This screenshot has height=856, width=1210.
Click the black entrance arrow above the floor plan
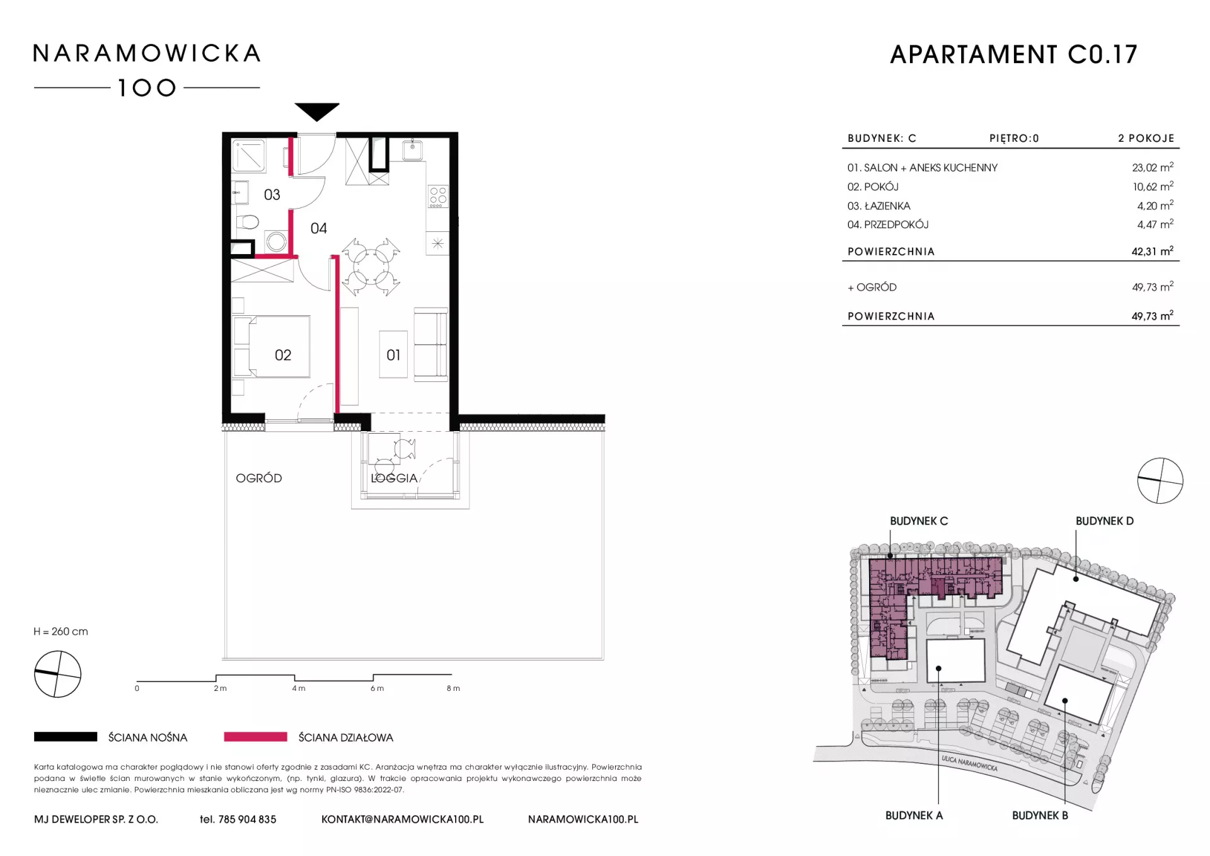(x=317, y=112)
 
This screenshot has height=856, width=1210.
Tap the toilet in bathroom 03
(x=248, y=223)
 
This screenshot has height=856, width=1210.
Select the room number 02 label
(x=283, y=356)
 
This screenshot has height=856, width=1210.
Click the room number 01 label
(x=393, y=356)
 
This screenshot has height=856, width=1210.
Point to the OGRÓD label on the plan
(x=258, y=478)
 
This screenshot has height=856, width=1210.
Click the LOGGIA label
(x=395, y=478)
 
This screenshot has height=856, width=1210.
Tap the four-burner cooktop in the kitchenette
(x=438, y=197)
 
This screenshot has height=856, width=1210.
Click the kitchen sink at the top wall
(x=413, y=150)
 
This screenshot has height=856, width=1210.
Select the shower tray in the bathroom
(x=249, y=156)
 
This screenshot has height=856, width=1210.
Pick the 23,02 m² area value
(x=1152, y=167)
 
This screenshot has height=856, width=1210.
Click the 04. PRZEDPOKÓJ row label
(x=888, y=225)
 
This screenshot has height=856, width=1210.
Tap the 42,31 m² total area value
(x=1152, y=251)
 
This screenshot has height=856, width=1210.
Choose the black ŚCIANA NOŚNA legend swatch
(x=66, y=737)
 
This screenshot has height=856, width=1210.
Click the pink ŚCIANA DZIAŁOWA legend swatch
(x=255, y=737)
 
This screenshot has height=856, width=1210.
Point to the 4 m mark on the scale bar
(x=299, y=688)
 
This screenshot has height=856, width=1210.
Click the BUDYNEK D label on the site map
(x=1104, y=521)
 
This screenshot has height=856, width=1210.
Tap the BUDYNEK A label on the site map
(x=914, y=816)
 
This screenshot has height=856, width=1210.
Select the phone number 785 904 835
(x=247, y=819)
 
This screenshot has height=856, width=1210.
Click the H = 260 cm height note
(x=60, y=632)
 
